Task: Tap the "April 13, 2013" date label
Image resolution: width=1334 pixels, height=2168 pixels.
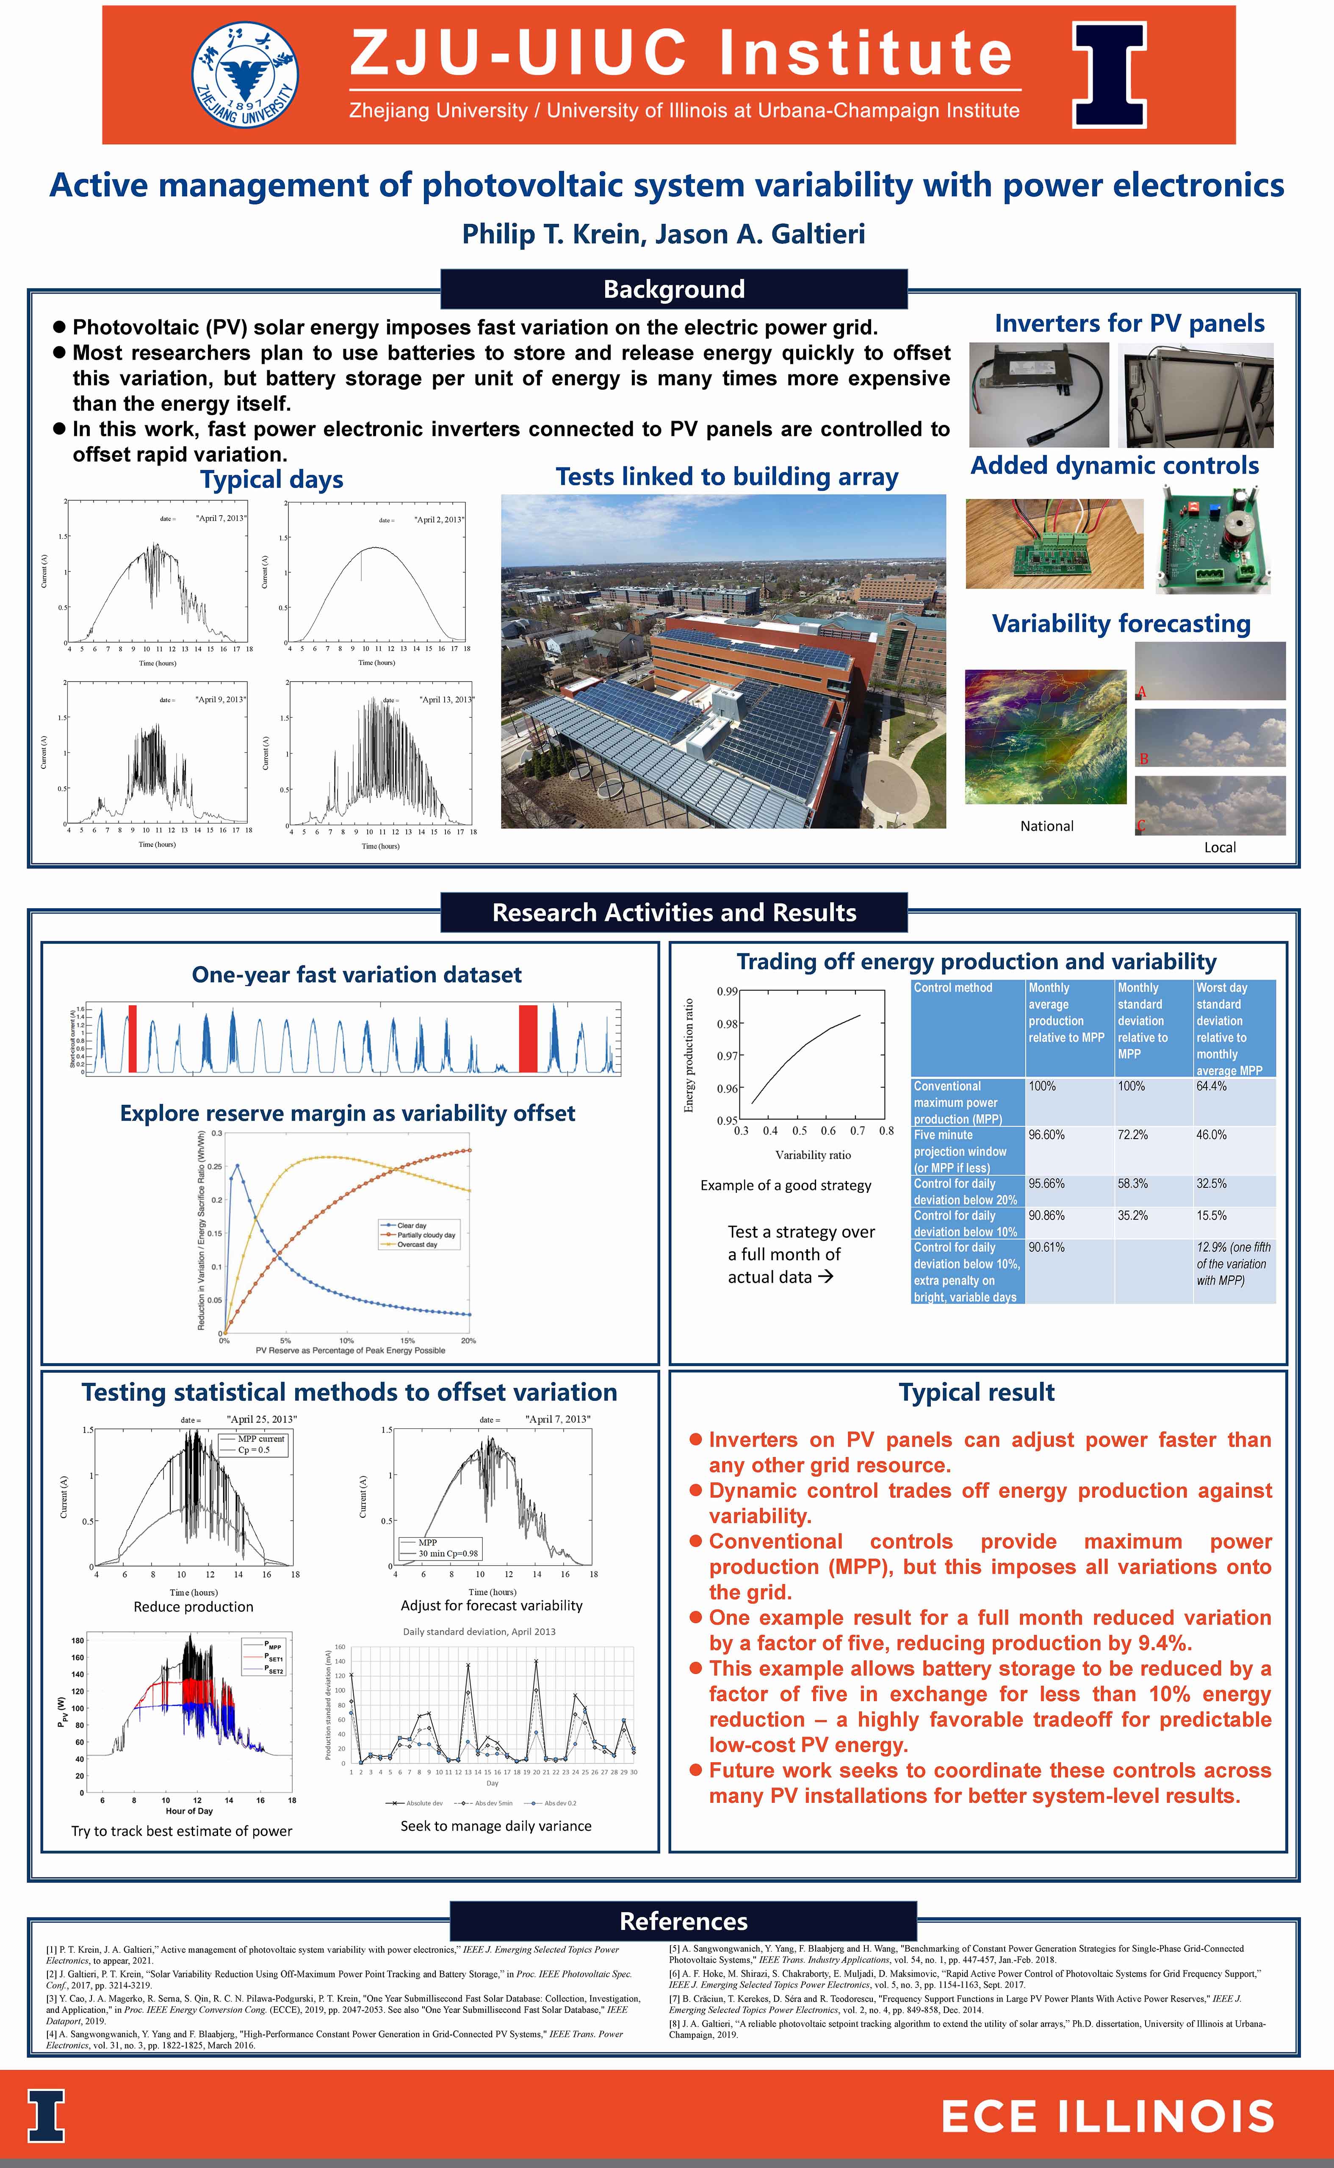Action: click(x=446, y=700)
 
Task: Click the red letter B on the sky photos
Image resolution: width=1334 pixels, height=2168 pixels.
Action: click(x=1143, y=759)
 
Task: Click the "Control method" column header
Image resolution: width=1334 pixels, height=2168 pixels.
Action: click(x=953, y=988)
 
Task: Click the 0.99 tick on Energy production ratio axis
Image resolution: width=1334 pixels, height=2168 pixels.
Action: click(x=727, y=991)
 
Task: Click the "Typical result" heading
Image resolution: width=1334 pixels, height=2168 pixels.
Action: click(x=977, y=1392)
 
